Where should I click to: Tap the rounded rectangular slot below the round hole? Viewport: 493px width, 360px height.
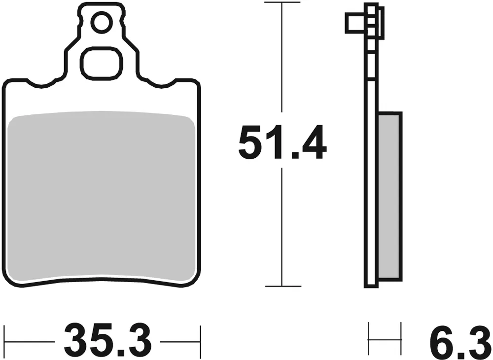(x=101, y=63)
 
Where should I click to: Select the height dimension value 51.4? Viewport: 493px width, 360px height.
(x=282, y=142)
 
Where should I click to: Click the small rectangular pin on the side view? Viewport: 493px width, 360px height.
(x=356, y=23)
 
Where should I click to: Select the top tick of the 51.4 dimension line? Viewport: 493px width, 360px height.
(x=282, y=2)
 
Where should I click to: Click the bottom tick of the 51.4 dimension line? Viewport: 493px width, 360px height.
(x=283, y=287)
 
